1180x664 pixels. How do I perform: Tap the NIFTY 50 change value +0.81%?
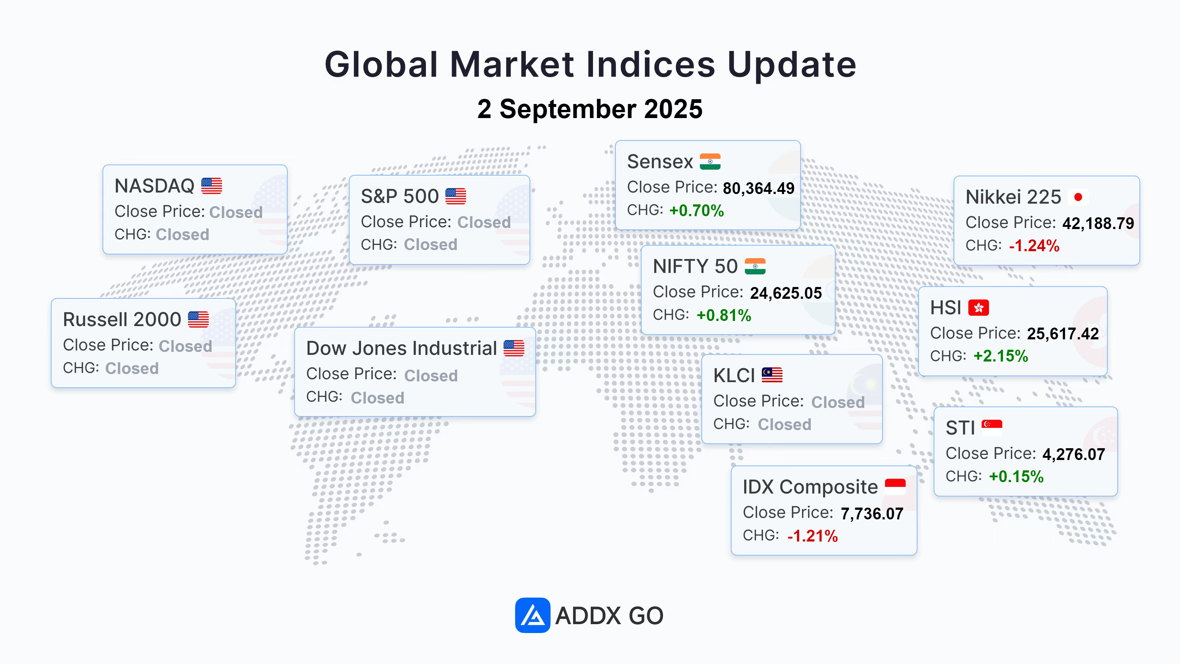(x=724, y=315)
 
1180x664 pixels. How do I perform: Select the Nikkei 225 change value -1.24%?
(x=1034, y=246)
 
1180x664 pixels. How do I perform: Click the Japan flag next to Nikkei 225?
(x=1078, y=197)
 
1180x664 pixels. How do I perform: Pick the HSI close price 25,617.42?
(x=1063, y=333)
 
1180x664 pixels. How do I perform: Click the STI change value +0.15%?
(x=1016, y=477)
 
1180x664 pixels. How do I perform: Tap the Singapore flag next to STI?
(x=992, y=428)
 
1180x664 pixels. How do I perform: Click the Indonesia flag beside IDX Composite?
(x=895, y=487)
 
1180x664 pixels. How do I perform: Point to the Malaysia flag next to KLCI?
(x=772, y=375)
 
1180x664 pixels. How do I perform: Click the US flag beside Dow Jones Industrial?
(x=514, y=348)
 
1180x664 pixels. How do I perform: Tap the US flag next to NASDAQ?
(x=211, y=186)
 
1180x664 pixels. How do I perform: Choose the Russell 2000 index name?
(x=122, y=319)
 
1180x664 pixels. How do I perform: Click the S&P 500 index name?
(x=399, y=196)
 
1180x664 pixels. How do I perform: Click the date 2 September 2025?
(x=590, y=109)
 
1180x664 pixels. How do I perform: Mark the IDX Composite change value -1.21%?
(x=813, y=536)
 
